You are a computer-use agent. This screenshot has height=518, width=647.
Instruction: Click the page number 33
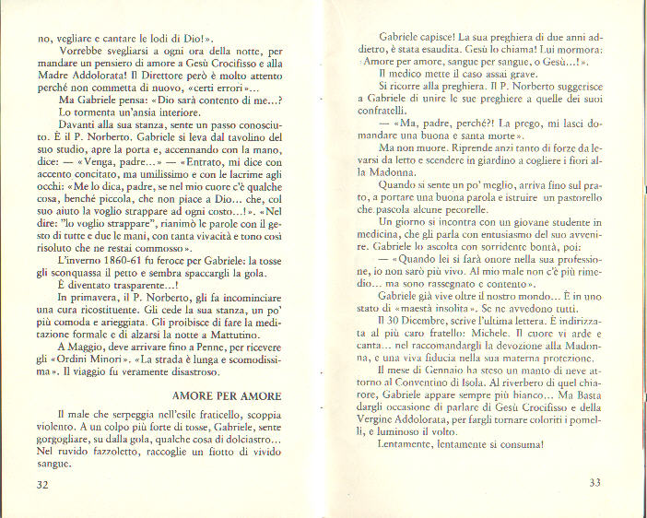(x=594, y=481)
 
